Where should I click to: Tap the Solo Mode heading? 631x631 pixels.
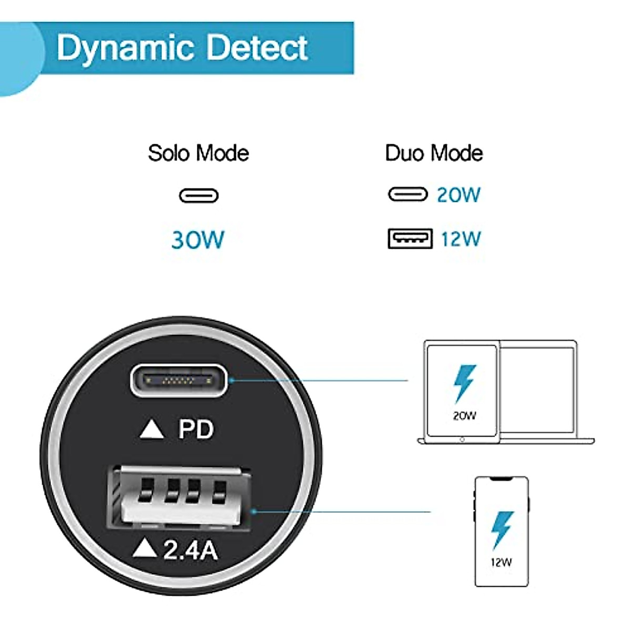tap(198, 153)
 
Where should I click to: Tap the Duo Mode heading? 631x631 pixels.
tap(434, 153)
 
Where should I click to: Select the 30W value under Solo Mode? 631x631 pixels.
tap(198, 240)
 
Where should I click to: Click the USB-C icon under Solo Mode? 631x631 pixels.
tap(199, 196)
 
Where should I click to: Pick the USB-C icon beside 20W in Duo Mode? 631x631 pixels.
tap(408, 195)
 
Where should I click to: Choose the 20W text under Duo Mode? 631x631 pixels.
tap(459, 195)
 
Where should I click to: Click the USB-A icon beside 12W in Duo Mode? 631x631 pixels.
tap(410, 239)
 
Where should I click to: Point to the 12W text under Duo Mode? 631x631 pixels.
tap(461, 239)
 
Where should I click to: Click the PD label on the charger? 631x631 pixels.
tap(196, 430)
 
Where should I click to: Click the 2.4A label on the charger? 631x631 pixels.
tap(190, 551)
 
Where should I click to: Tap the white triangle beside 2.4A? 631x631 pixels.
tap(145, 549)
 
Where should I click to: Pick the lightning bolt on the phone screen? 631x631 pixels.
tap(501, 530)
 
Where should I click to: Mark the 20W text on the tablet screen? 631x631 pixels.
tap(464, 416)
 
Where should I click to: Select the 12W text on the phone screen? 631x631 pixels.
tap(501, 563)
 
